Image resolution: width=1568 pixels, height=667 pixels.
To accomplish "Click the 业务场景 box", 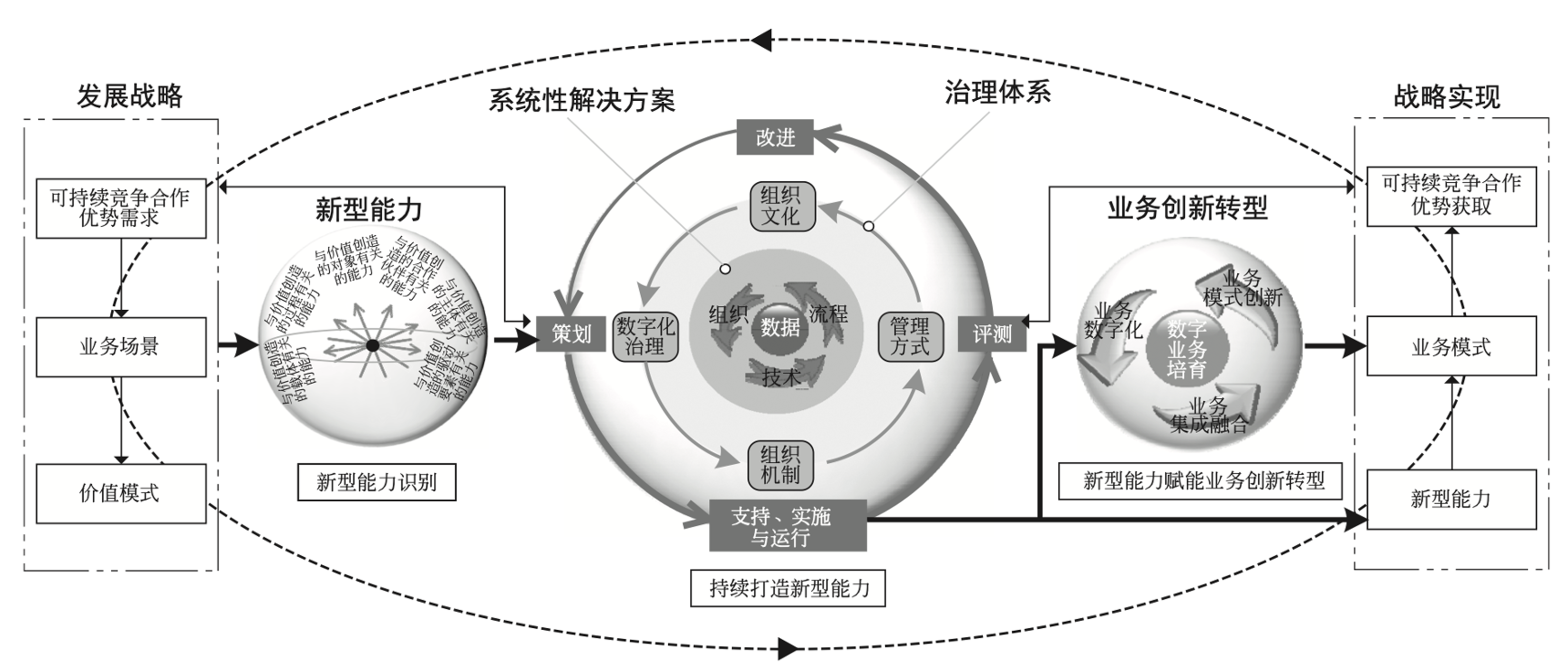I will [x=121, y=347].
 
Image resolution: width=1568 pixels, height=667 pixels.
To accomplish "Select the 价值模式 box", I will [x=121, y=493].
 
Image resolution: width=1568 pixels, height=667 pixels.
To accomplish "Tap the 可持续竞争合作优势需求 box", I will [x=121, y=208].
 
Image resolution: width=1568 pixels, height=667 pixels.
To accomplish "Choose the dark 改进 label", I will [x=775, y=138].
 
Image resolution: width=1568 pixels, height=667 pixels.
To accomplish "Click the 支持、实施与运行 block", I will [x=788, y=525].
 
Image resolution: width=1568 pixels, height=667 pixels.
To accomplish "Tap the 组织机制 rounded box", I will [x=780, y=465].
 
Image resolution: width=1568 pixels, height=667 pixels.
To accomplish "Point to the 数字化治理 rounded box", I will [x=645, y=337].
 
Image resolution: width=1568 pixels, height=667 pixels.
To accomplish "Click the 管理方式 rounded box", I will [x=910, y=337].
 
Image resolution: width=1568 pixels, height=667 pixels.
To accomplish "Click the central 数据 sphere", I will [x=780, y=328].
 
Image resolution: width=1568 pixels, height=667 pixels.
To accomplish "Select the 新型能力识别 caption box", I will [x=376, y=483].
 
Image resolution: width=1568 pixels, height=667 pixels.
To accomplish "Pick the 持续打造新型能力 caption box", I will [x=788, y=588].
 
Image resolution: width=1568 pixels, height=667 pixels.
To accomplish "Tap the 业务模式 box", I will [x=1451, y=347].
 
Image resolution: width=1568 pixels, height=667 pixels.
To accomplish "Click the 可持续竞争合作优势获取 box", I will [x=1451, y=196].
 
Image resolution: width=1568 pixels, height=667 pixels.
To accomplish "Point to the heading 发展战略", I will [x=130, y=96].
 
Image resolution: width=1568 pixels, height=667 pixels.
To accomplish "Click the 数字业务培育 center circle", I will [x=1187, y=349].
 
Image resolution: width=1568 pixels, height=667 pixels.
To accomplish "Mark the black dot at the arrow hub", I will [x=372, y=346].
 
